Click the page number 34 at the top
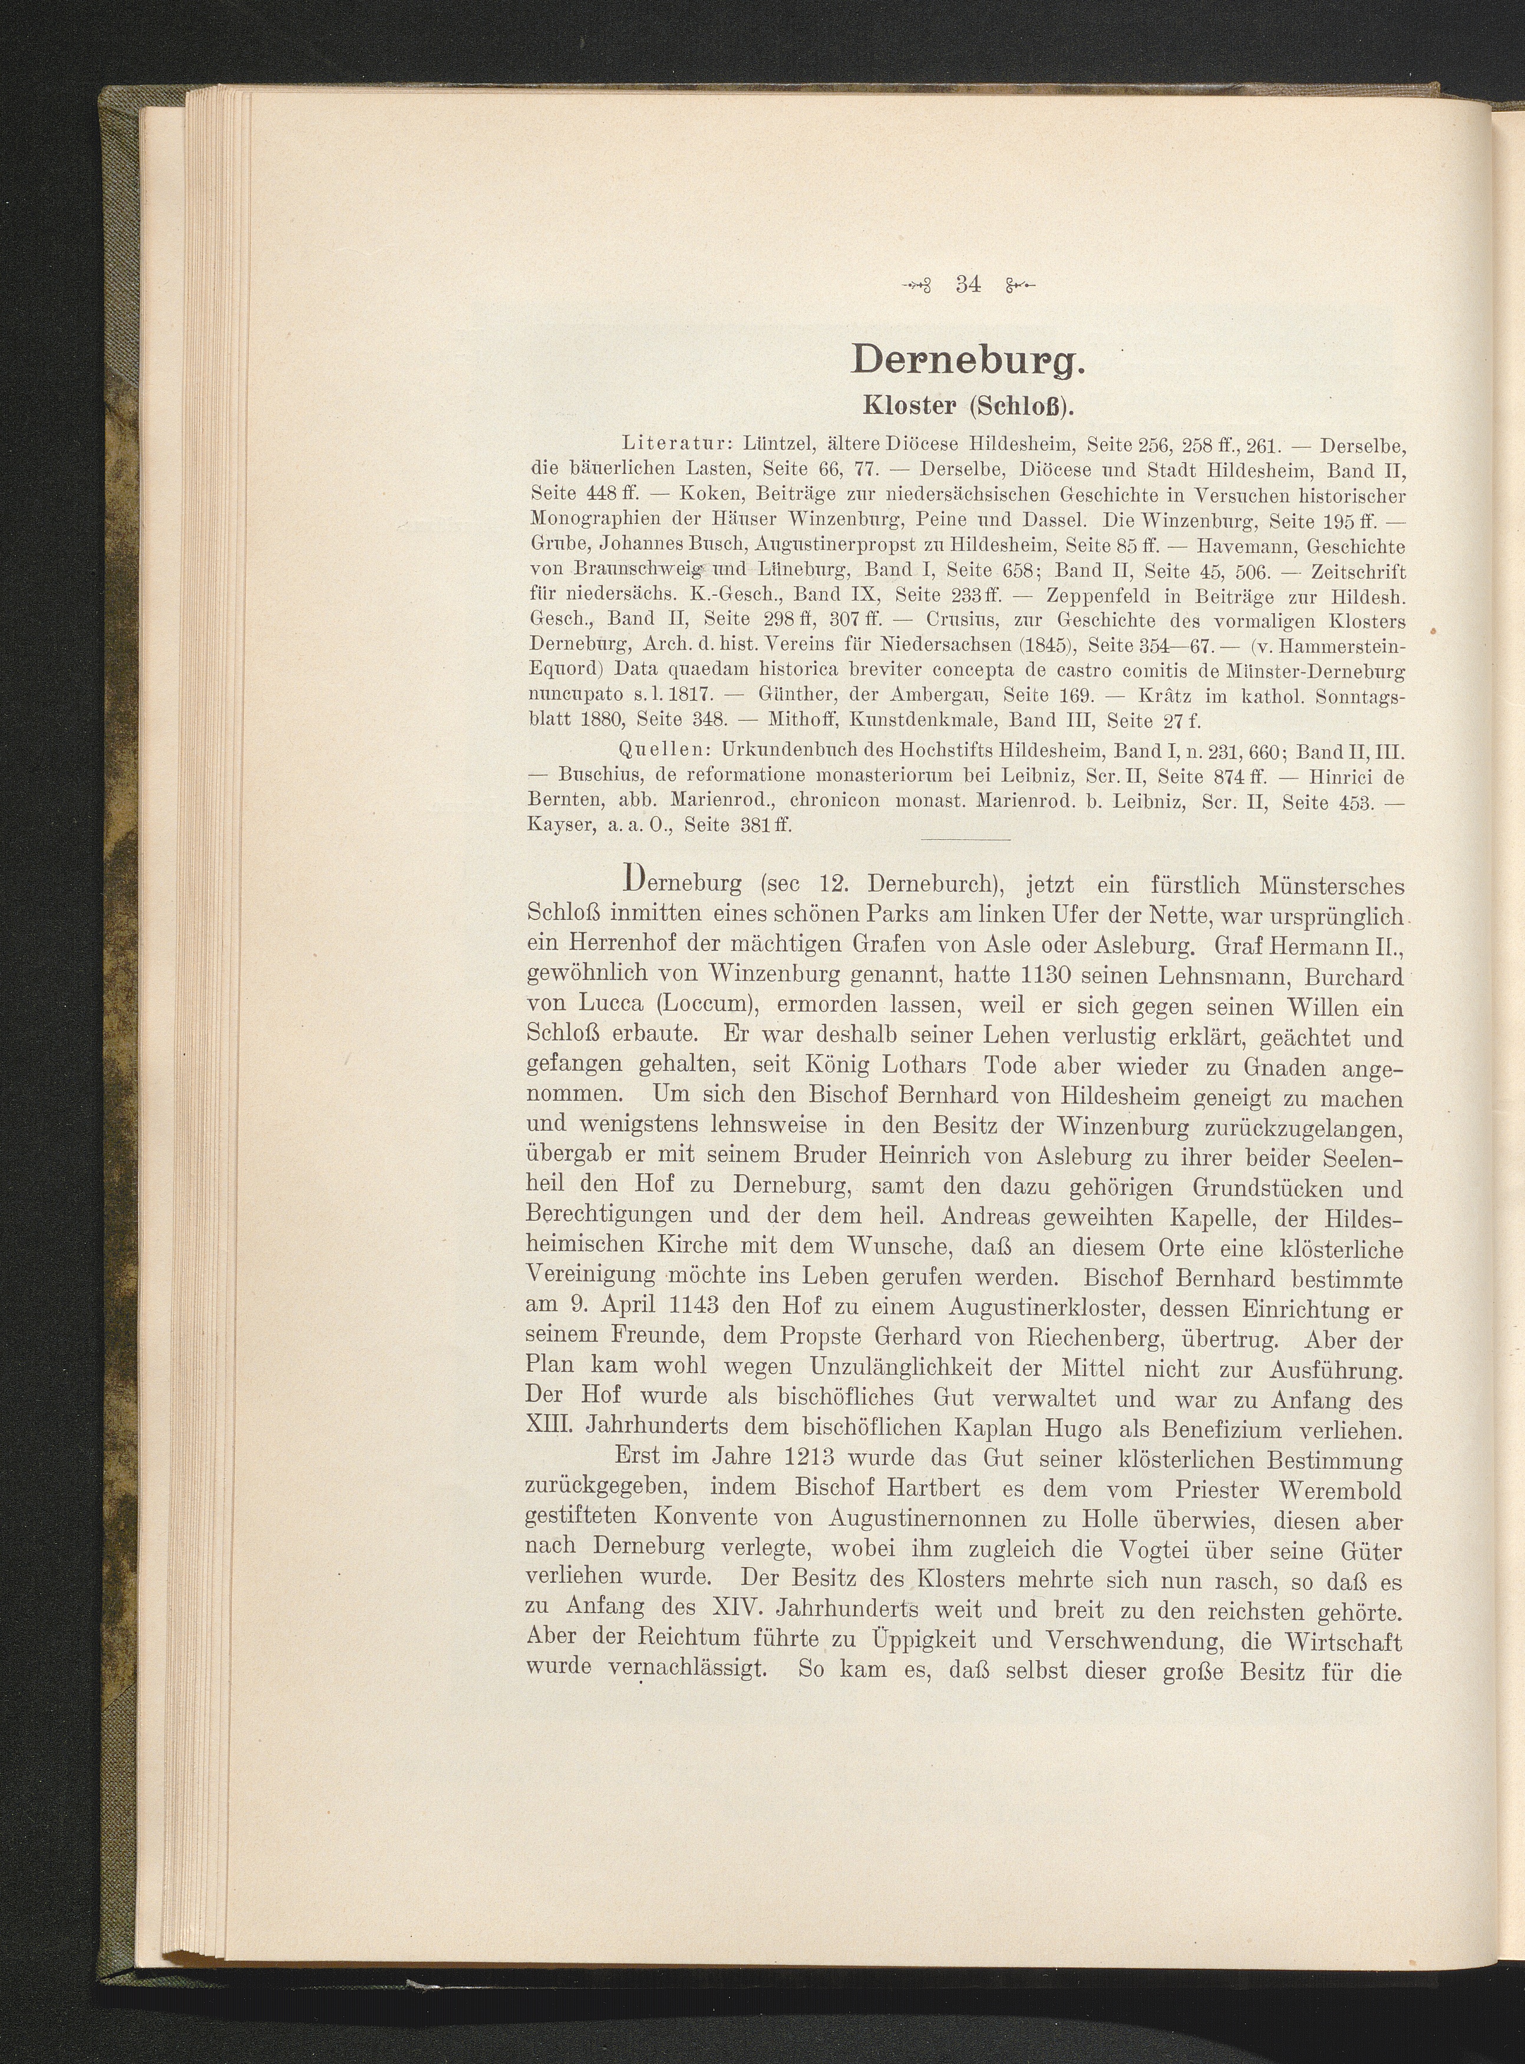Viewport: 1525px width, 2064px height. click(968, 284)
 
